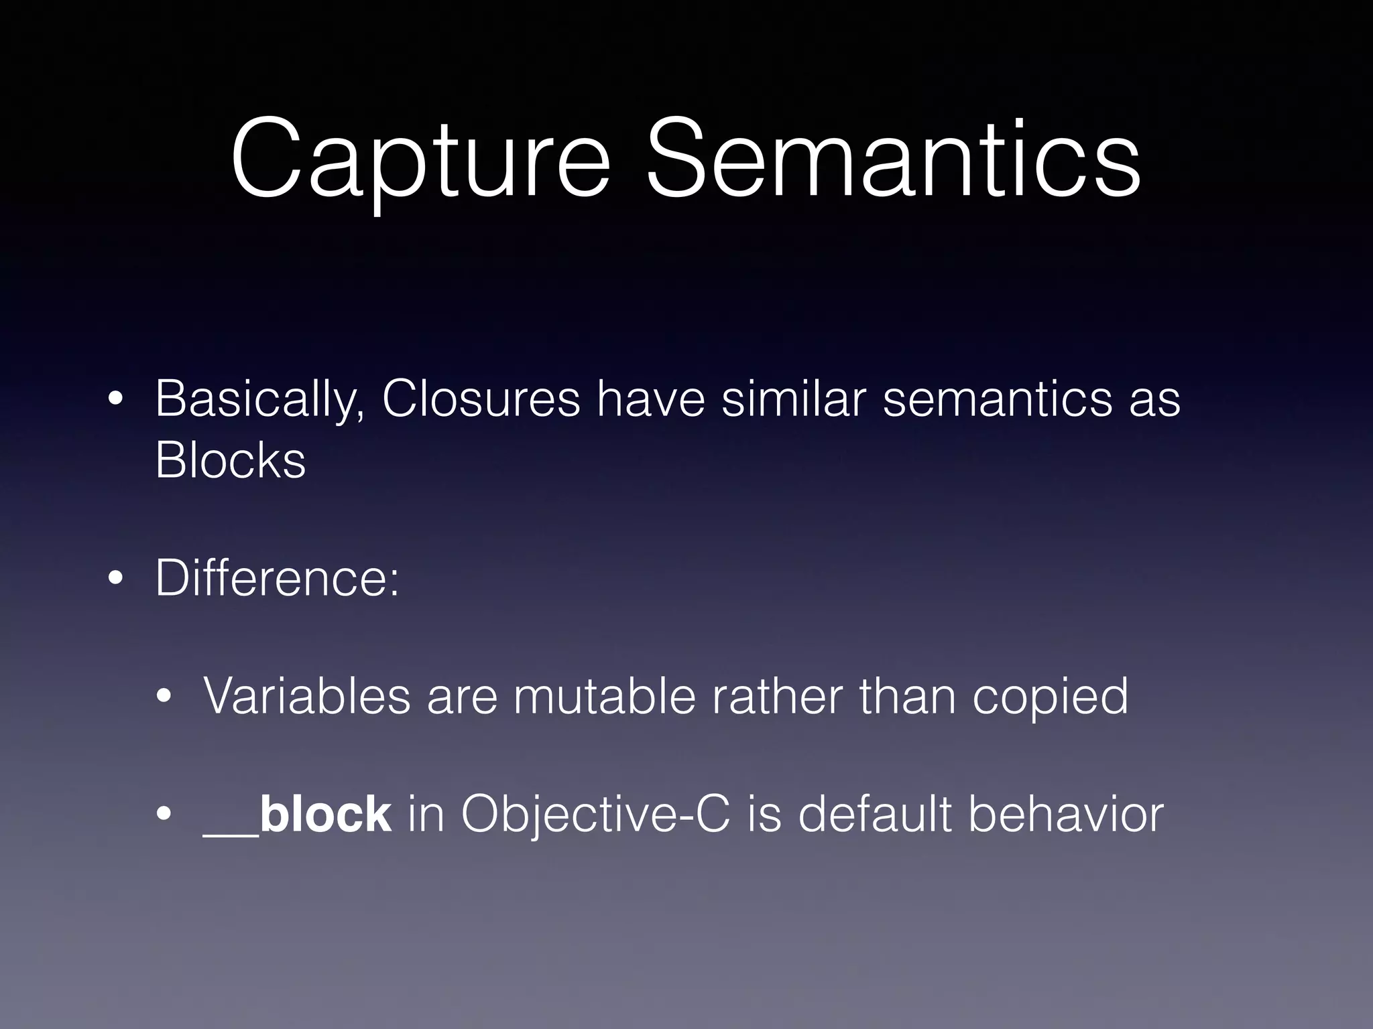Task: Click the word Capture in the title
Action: click(x=420, y=161)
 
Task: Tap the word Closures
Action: click(x=480, y=399)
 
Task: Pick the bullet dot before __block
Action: click(x=163, y=817)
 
